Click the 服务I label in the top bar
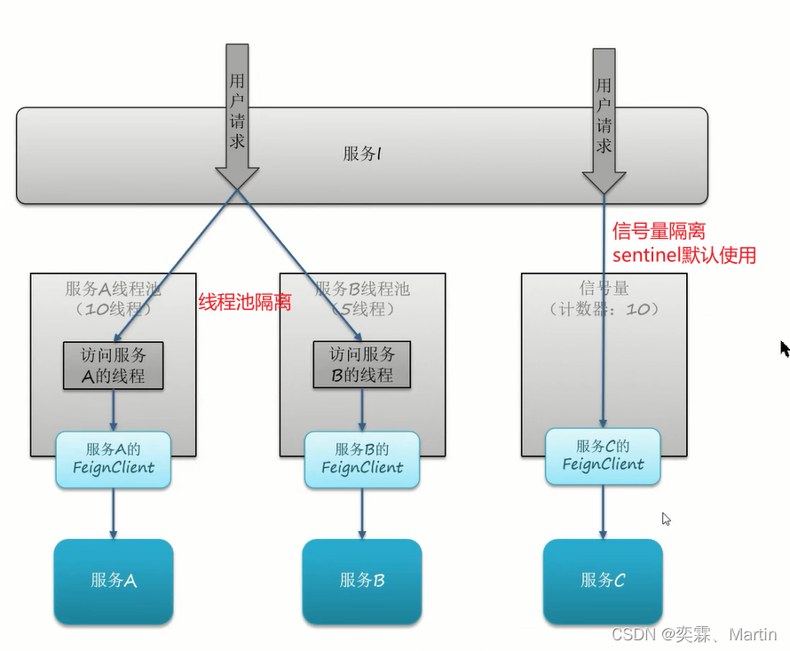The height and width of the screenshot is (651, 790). pos(362,154)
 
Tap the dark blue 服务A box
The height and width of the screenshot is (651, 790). pos(114,581)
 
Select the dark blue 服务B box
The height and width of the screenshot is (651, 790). pos(362,581)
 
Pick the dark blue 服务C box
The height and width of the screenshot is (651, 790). pos(603,581)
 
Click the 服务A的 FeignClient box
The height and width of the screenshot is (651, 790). pos(114,458)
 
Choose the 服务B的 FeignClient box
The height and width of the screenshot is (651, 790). pos(362,458)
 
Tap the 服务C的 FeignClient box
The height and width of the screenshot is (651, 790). pos(603,456)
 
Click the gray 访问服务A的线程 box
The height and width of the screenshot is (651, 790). pos(114,365)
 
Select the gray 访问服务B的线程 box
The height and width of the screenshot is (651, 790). pos(362,365)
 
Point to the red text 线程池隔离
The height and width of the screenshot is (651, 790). pos(244,303)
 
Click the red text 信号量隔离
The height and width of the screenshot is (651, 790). pos(659,232)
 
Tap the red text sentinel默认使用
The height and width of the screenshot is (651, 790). pos(684,256)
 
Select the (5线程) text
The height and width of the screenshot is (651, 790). pos(362,309)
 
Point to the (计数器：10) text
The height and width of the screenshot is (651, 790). pos(604,309)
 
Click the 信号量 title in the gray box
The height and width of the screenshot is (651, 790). pos(604,289)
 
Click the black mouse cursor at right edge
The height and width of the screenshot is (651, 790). pos(785,348)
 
